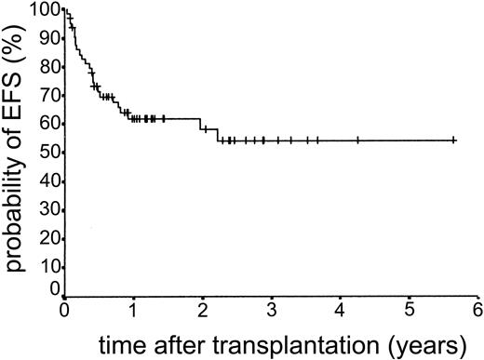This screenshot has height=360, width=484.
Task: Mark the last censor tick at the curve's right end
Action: pyautogui.click(x=453, y=140)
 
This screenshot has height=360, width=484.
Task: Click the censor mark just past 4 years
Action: pyautogui.click(x=357, y=140)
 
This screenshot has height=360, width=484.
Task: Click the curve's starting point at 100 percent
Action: pyautogui.click(x=64, y=10)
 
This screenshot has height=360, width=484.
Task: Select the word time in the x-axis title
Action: pyautogui.click(x=98, y=340)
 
